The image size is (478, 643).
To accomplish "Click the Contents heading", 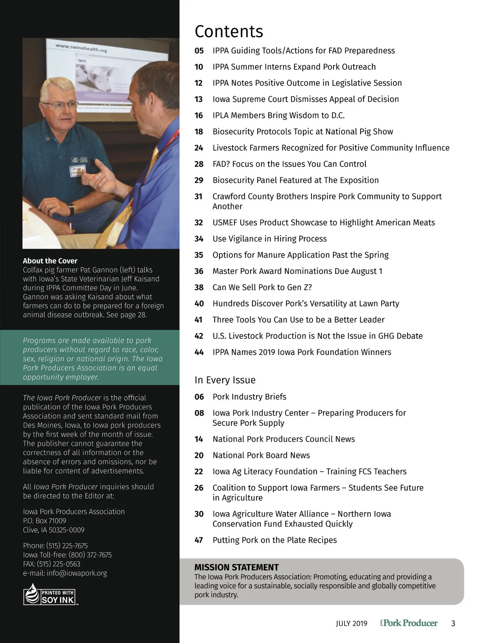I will tap(229, 31).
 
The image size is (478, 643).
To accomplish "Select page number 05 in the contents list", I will tap(199, 51).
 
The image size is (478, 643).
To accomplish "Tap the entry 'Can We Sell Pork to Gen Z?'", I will tap(262, 287).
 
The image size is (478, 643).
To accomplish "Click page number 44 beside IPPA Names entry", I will tap(199, 352).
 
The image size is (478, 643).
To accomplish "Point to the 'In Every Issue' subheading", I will tap(225, 380).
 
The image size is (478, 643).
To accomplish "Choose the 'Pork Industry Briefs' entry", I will tap(249, 397).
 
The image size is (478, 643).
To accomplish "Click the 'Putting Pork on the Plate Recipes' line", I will tap(274, 540).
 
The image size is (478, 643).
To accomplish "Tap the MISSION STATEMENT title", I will tap(237, 567).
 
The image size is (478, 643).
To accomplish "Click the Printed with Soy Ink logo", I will tap(49, 594).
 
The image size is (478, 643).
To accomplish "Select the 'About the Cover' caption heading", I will tap(50, 261).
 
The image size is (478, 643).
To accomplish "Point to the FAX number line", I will tap(52, 564).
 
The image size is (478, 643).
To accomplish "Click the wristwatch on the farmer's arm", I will tap(71, 209).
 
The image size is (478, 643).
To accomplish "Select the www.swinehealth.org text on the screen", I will tap(81, 48).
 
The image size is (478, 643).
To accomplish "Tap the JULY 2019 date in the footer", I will tap(351, 623).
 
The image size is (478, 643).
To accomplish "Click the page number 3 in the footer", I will tap(453, 623).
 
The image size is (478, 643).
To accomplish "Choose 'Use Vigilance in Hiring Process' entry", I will tap(269, 239).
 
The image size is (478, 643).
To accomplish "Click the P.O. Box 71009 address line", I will tap(45, 521).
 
